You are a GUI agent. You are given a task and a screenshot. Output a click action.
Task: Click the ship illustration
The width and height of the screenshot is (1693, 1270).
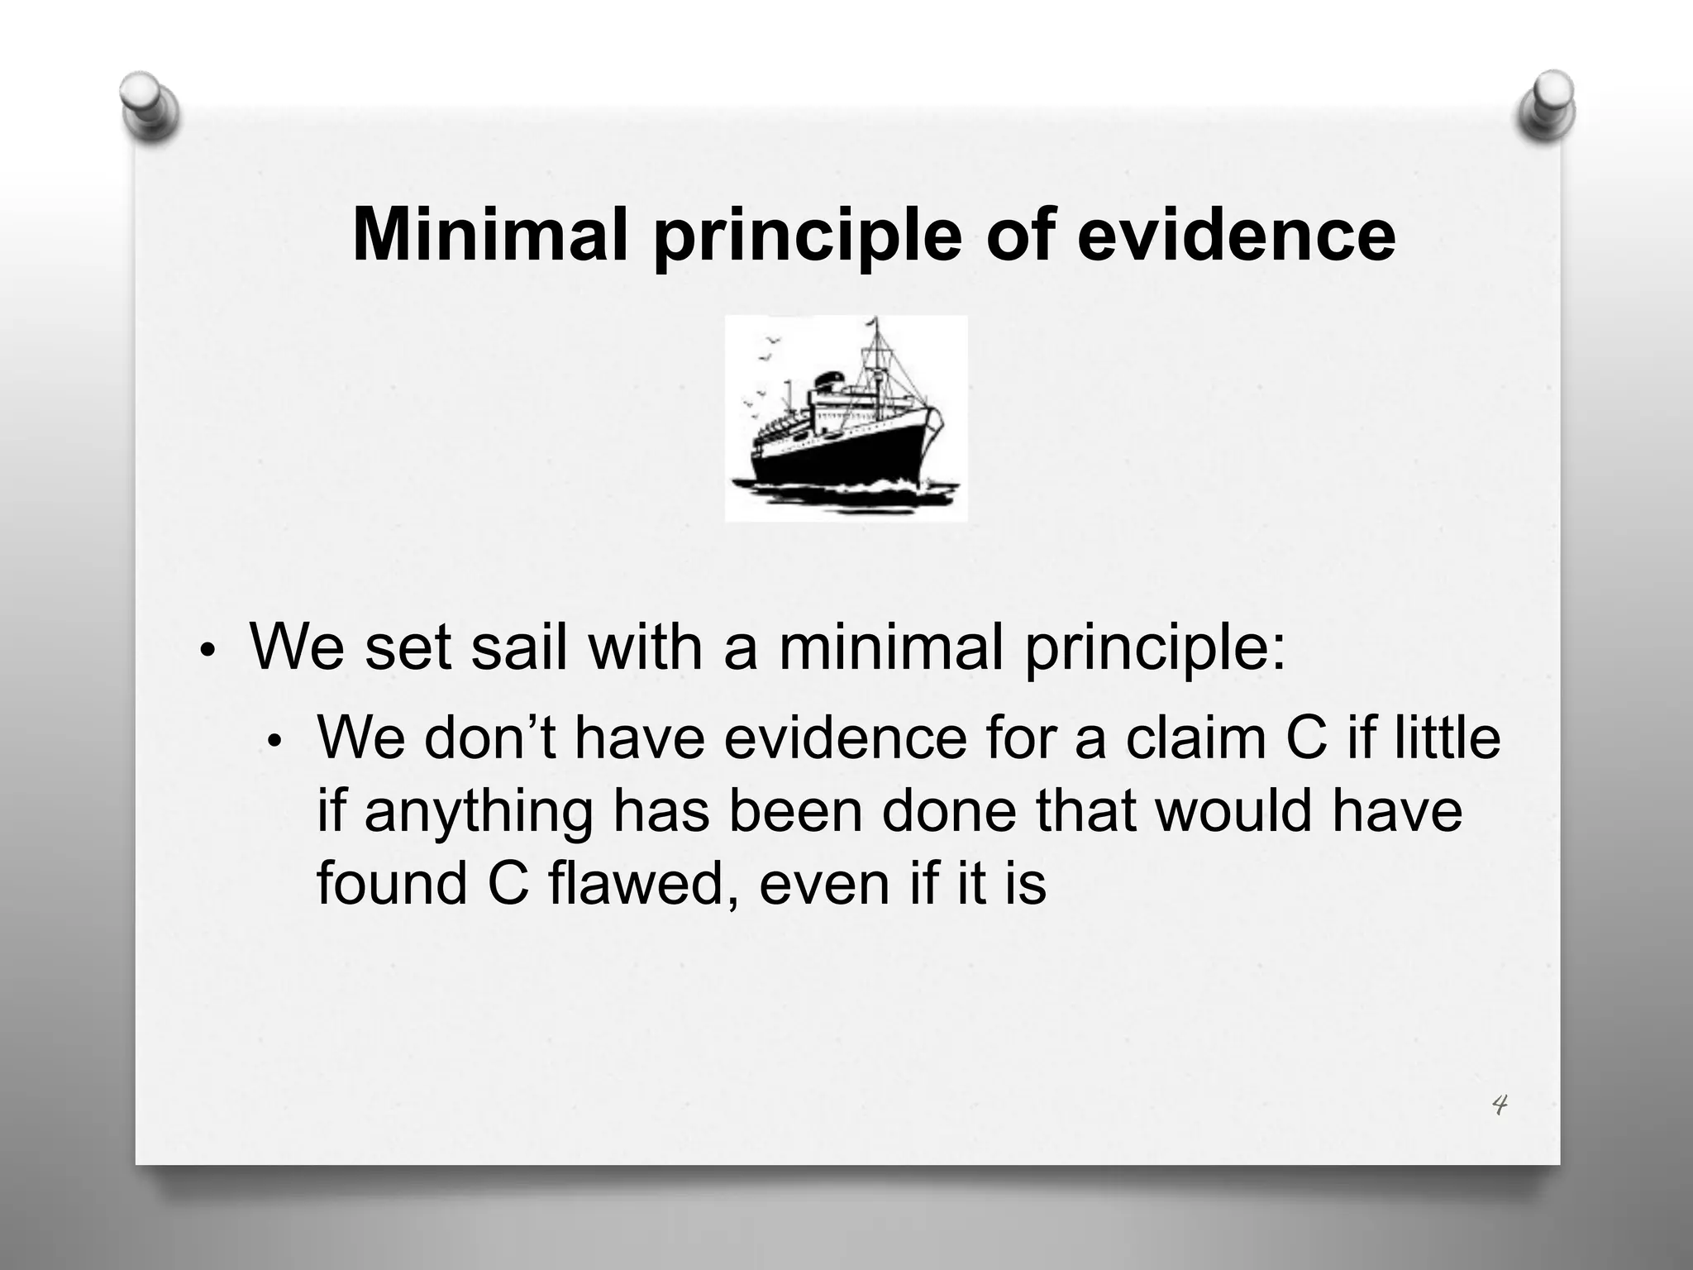click(x=846, y=418)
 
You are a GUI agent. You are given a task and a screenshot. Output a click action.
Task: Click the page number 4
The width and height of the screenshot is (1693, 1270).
click(x=1499, y=1105)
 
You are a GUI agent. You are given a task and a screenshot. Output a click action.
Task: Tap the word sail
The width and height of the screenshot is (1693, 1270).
click(x=520, y=647)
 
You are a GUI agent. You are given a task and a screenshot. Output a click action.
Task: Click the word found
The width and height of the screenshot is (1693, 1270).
click(x=393, y=883)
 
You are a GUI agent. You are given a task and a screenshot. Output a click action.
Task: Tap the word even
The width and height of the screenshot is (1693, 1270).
click(x=822, y=883)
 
